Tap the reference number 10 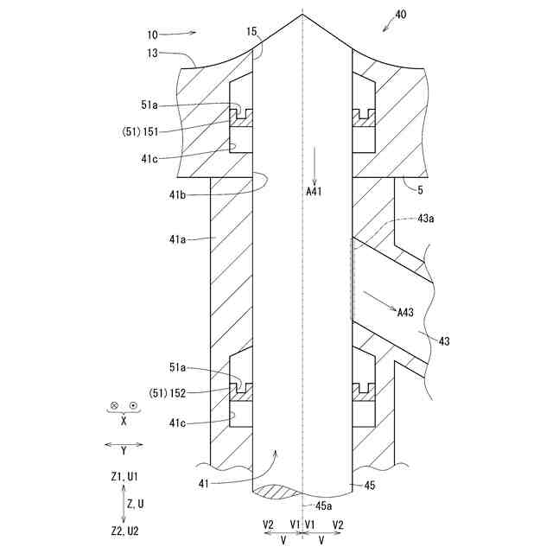point(152,35)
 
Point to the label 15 point(251,32)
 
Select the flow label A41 point(315,192)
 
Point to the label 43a point(424,219)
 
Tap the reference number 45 point(370,486)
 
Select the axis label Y point(124,450)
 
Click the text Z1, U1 point(124,476)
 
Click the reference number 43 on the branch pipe point(444,340)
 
